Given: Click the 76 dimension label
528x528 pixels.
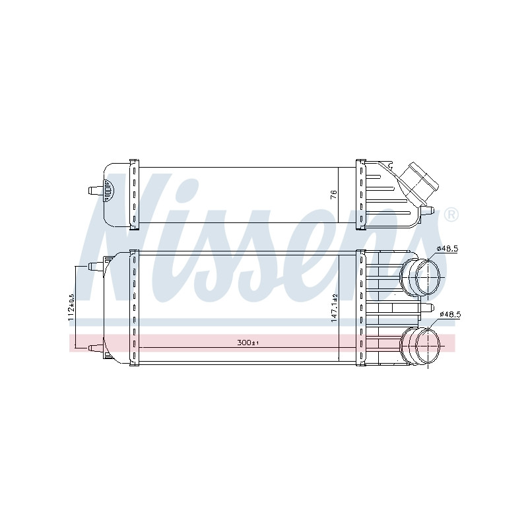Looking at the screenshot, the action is [x=333, y=195].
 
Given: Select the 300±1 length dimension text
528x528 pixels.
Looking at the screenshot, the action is [x=248, y=343].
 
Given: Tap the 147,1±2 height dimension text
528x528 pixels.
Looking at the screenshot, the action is [x=334, y=308].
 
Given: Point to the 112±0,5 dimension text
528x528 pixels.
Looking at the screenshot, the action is [x=71, y=308].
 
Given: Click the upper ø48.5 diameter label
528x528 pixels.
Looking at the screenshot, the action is [x=447, y=249].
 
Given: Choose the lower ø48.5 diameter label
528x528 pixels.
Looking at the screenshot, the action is [x=450, y=315].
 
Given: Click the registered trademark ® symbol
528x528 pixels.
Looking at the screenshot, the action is [x=451, y=215].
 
